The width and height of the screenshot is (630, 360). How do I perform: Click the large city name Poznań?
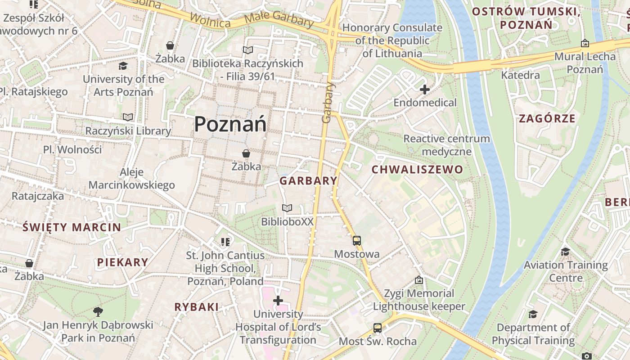click(230, 124)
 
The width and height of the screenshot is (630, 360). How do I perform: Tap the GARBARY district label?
click(308, 181)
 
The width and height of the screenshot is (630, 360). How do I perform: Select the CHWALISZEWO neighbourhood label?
click(417, 170)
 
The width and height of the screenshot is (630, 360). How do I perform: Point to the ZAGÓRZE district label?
click(547, 119)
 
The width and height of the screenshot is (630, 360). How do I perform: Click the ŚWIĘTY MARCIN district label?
click(72, 227)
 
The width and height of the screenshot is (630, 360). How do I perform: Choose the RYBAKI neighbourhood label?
click(197, 307)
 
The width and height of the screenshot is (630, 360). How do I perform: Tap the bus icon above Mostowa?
click(357, 241)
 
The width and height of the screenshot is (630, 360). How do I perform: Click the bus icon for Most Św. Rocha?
click(378, 328)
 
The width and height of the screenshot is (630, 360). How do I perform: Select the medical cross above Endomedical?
click(424, 90)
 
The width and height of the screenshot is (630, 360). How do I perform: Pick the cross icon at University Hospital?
click(278, 301)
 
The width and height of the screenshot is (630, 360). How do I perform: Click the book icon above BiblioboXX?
click(287, 208)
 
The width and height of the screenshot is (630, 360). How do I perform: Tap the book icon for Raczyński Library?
click(128, 117)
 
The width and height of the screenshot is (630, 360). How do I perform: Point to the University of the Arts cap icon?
click(123, 66)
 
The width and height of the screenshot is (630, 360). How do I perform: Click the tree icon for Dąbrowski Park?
click(98, 311)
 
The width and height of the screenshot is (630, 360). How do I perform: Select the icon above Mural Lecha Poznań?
click(585, 43)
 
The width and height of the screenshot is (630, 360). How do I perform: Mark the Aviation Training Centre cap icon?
click(565, 252)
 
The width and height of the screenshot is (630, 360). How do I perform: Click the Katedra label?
click(520, 75)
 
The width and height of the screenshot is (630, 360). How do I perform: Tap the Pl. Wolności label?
click(72, 149)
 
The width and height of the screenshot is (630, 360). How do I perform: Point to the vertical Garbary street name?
click(328, 102)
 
